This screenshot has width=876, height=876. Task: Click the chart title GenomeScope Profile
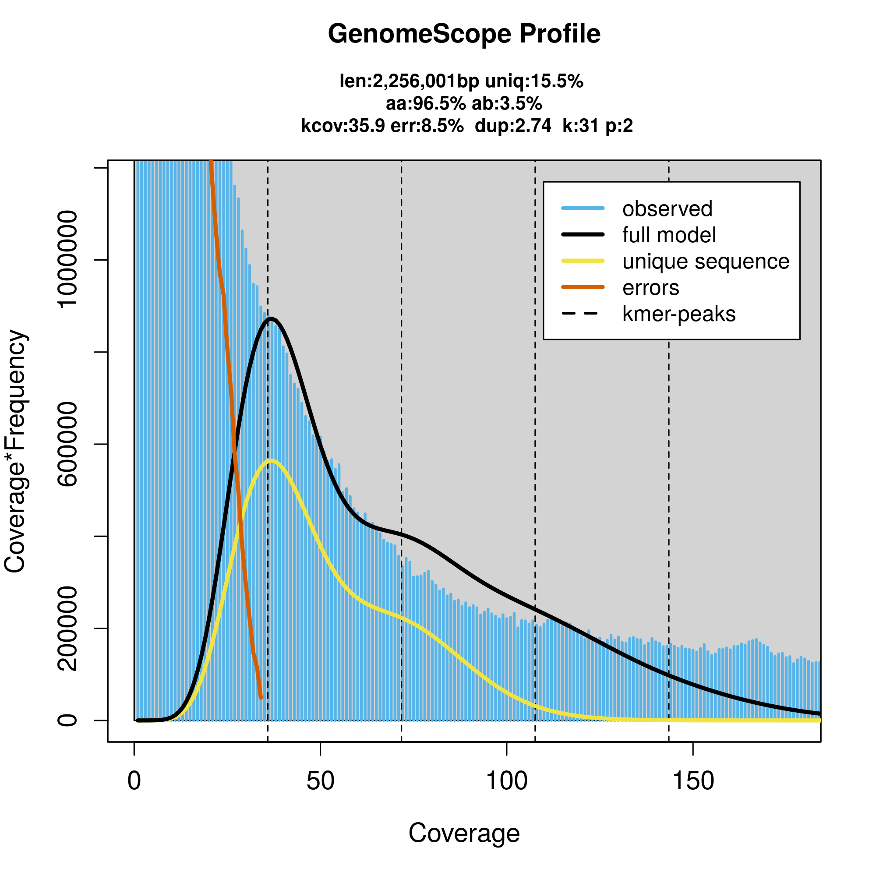point(464,34)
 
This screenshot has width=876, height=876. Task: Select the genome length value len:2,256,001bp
point(409,81)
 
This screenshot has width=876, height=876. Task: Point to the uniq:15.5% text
point(534,81)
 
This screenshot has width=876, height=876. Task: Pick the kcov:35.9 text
point(343,126)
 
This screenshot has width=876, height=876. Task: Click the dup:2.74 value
point(513,126)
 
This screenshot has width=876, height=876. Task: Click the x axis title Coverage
point(464,833)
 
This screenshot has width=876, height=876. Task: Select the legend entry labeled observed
point(667,209)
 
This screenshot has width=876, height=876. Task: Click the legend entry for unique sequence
point(706,261)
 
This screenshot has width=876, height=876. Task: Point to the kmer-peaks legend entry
point(678,314)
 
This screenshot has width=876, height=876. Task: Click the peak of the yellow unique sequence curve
point(271,461)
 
